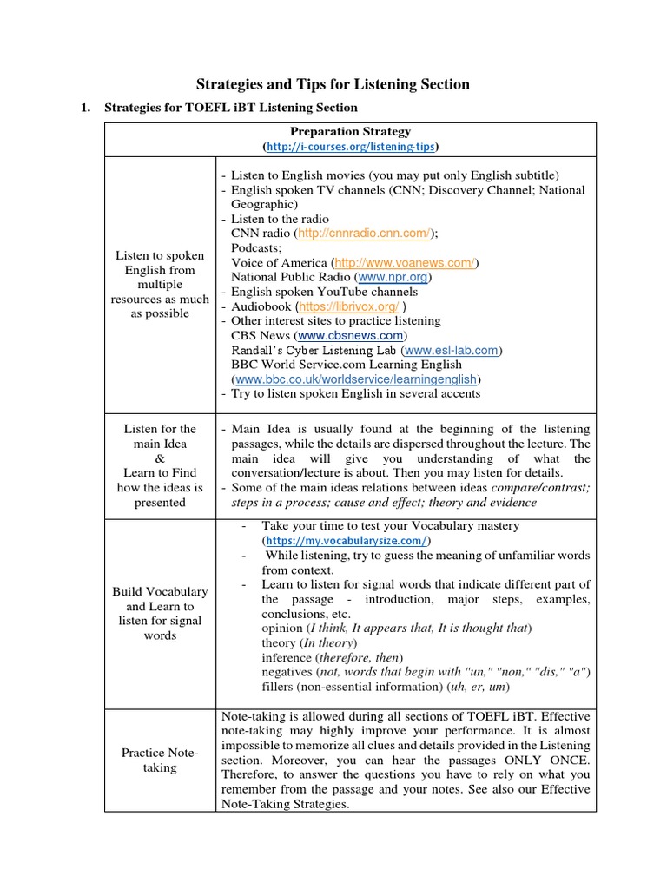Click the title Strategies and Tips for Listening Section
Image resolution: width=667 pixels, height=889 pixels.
pyautogui.click(x=333, y=84)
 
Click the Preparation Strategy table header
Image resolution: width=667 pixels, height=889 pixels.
pyautogui.click(x=350, y=131)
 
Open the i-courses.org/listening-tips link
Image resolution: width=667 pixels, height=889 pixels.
pyautogui.click(x=350, y=145)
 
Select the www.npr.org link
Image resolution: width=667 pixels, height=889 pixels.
pyautogui.click(x=394, y=277)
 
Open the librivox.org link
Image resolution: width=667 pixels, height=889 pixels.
pyautogui.click(x=349, y=306)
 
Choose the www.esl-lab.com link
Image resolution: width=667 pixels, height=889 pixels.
pyautogui.click(x=452, y=350)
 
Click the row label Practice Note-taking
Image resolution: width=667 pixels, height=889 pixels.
pyautogui.click(x=160, y=760)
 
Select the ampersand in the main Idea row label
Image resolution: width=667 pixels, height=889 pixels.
pyautogui.click(x=160, y=458)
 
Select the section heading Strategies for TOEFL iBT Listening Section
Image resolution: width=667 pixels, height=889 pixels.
pyautogui.click(x=230, y=108)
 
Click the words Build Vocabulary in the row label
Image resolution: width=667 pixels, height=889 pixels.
pyautogui.click(x=160, y=591)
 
